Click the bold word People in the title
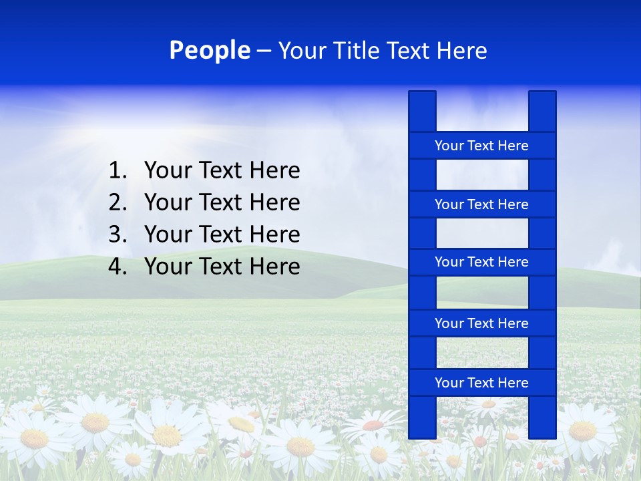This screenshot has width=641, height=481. [209, 51]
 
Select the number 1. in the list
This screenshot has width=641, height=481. [118, 171]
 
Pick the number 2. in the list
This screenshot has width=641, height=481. [118, 202]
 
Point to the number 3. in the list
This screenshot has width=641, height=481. [118, 234]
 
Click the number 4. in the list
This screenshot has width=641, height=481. [118, 267]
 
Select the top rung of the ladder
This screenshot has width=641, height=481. [481, 146]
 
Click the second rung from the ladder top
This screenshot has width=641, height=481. [481, 204]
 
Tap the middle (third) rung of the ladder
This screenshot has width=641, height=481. [481, 262]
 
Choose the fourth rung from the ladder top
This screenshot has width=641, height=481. [481, 323]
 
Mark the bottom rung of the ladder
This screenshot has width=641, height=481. [481, 383]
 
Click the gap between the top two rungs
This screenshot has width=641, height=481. [481, 175]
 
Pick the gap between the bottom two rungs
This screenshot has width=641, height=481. [481, 353]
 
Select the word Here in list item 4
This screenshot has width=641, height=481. [274, 267]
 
